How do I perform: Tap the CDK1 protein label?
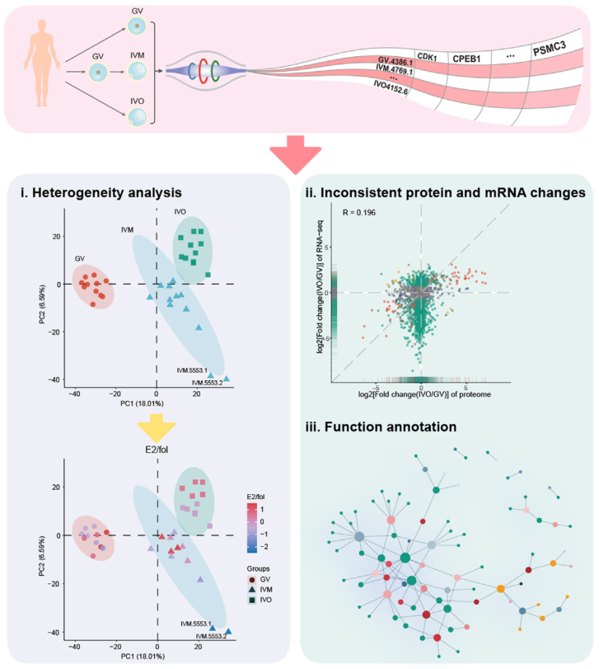pyautogui.click(x=426, y=56)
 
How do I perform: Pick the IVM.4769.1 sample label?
pyautogui.click(x=395, y=70)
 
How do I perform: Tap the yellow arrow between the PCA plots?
pyautogui.click(x=157, y=427)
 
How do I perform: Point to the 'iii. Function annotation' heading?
pyautogui.click(x=383, y=427)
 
